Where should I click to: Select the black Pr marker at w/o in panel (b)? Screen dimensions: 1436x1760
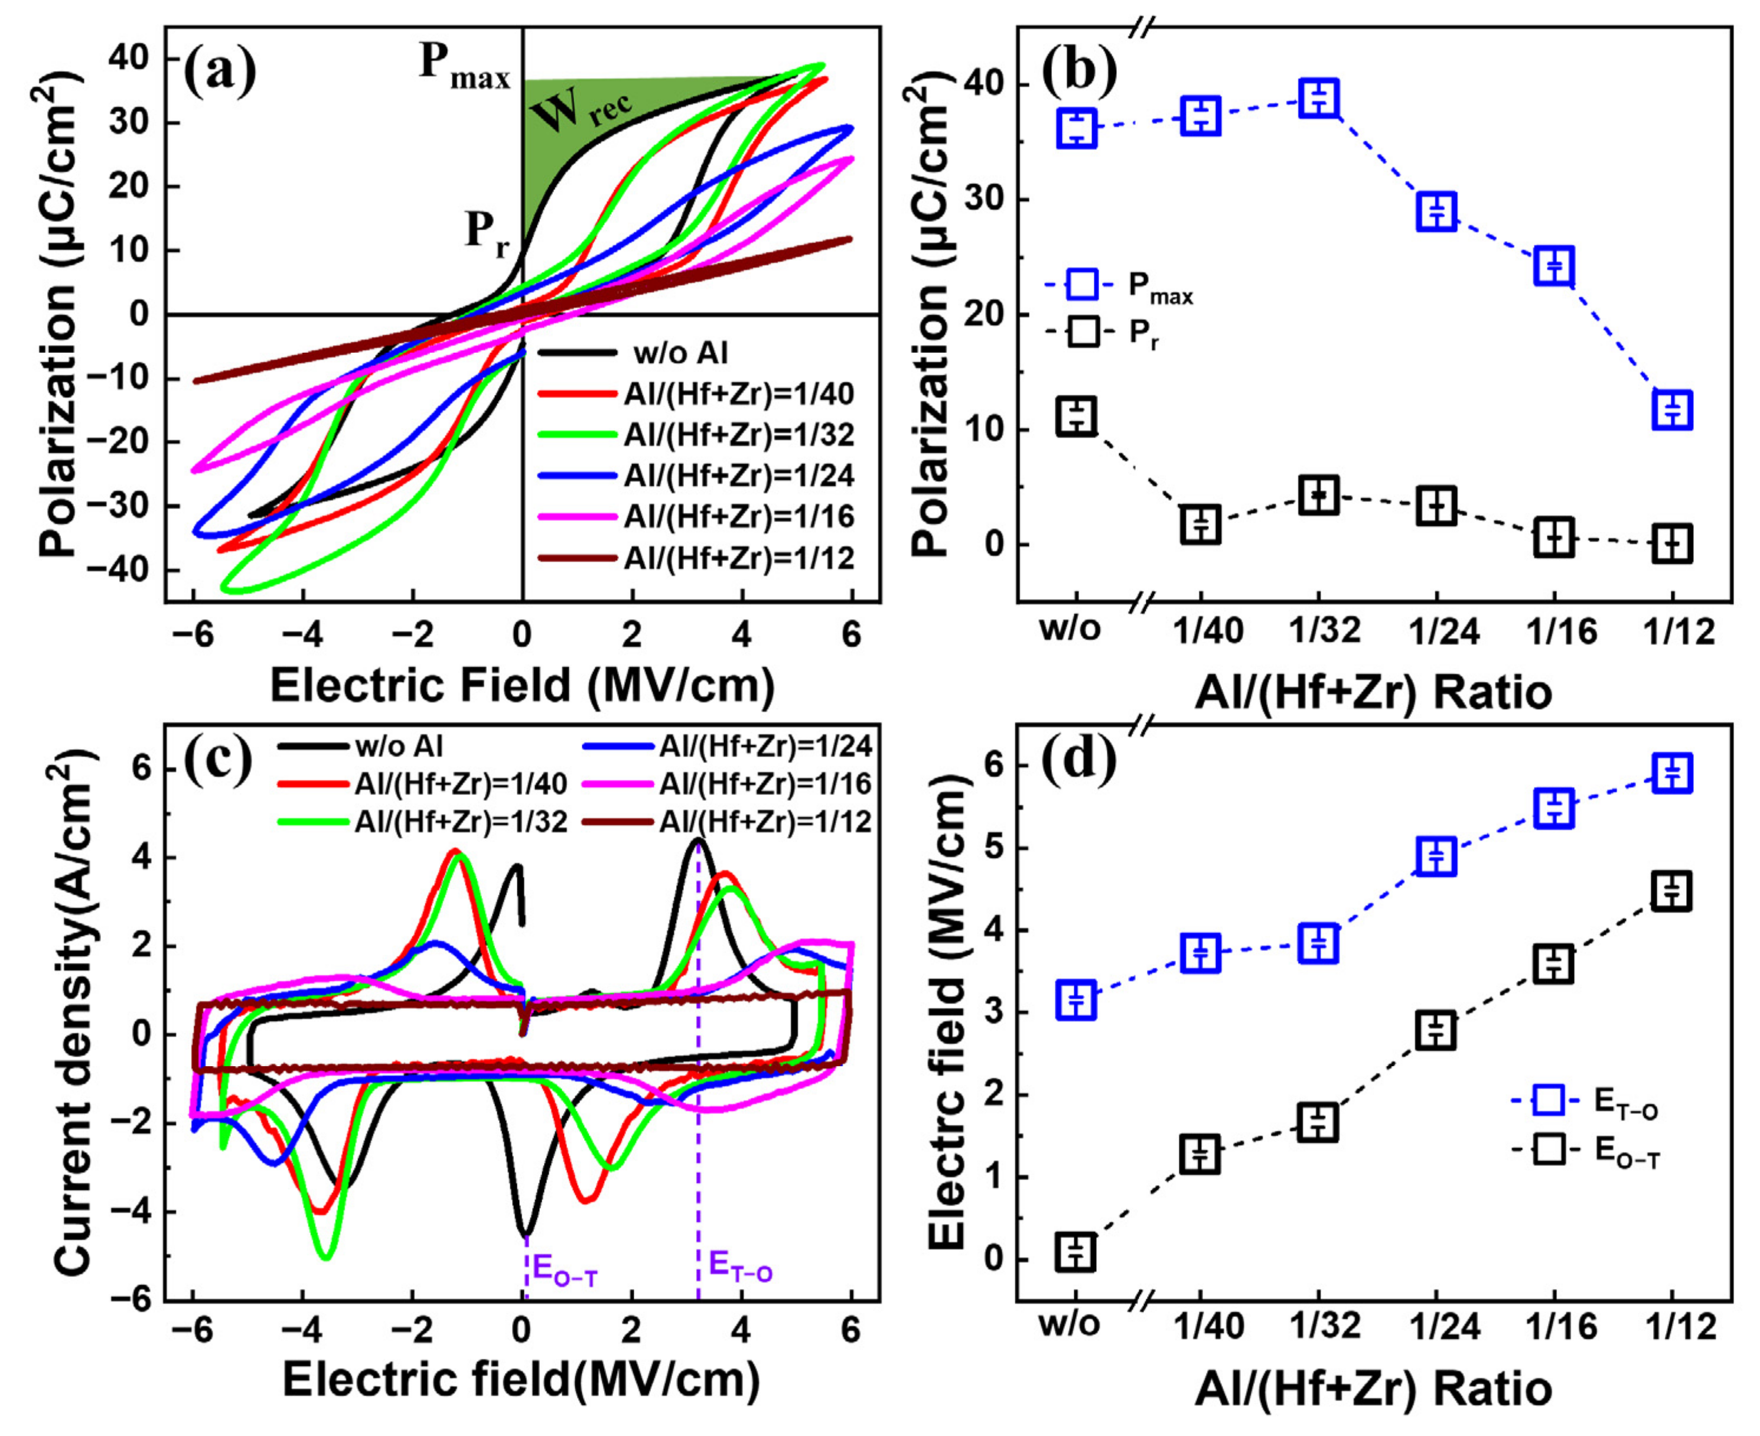[1076, 415]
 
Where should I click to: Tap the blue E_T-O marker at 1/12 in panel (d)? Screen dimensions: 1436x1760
[1671, 773]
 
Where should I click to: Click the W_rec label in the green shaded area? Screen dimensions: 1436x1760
[581, 112]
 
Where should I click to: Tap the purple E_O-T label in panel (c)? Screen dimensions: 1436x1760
[565, 1270]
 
